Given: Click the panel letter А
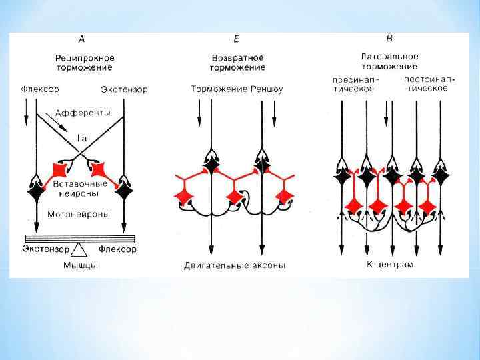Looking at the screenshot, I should click(x=82, y=39).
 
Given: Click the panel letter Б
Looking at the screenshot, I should click(x=236, y=39).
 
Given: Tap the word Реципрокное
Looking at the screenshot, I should click(x=83, y=58).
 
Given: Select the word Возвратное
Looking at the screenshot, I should click(x=237, y=58).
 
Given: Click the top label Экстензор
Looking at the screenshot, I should click(x=125, y=89).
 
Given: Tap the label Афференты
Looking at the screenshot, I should click(x=83, y=113).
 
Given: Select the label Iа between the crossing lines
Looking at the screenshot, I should click(x=81, y=137).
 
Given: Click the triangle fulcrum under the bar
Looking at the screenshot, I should click(x=80, y=250).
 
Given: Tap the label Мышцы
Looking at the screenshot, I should click(x=80, y=265).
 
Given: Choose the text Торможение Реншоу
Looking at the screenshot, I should click(x=237, y=89).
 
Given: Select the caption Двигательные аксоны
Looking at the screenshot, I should click(x=235, y=265).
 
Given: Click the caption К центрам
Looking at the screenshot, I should click(x=389, y=264).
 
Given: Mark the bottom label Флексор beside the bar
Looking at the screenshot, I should click(x=117, y=249).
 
